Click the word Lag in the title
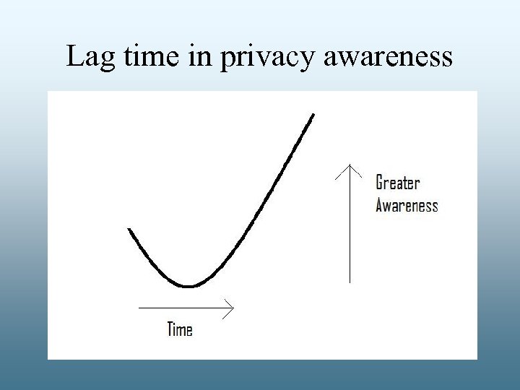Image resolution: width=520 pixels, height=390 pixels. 90,56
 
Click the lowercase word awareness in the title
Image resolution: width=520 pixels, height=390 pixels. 389,56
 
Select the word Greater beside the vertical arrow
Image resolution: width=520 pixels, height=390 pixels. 397,183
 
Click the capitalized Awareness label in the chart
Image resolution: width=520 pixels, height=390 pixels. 407,206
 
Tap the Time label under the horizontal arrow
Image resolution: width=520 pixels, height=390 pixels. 180,330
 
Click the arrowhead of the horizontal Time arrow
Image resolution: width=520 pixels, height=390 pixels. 232,309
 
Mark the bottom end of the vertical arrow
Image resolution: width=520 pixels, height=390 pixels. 350,282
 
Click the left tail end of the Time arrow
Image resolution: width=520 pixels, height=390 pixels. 139,309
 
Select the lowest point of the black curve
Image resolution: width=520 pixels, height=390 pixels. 188,287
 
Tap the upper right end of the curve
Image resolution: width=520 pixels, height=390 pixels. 313,114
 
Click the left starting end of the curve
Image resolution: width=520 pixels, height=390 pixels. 129,229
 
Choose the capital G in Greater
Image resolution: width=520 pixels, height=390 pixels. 380,183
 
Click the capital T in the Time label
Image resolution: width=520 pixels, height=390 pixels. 170,330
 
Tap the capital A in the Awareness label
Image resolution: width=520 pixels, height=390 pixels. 380,206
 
